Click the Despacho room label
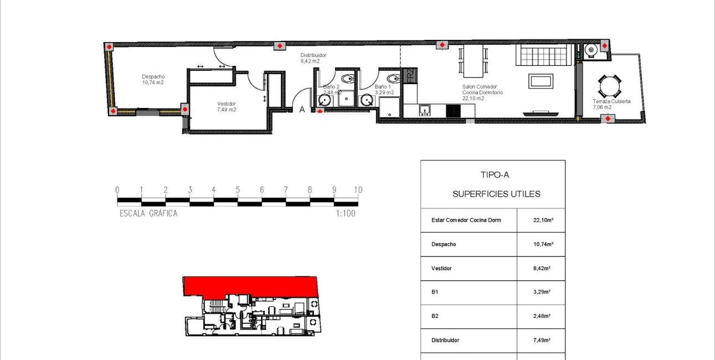coord(153,77)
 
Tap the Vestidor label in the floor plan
coord(227,104)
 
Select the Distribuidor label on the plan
coord(313,55)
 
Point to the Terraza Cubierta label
coord(611,101)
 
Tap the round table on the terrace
coord(609,86)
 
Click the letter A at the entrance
coord(302,110)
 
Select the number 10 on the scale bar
coord(358,190)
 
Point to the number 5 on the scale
coord(238,190)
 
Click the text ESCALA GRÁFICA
coord(148,213)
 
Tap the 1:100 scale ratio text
coord(345,213)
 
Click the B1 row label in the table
coord(435,292)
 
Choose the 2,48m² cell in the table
coord(542,316)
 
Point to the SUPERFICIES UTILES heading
coord(496,194)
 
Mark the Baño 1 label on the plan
coord(383,87)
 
